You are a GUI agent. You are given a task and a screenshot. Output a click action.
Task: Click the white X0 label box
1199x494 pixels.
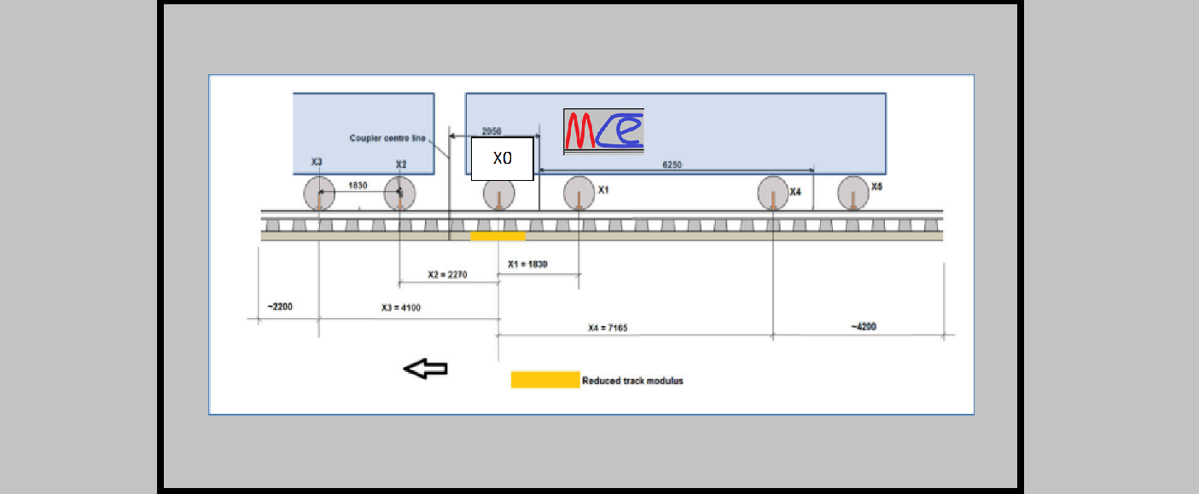tap(503, 159)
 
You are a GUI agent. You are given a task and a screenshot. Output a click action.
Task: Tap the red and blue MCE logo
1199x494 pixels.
tap(603, 131)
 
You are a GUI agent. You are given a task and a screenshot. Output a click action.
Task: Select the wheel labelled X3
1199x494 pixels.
tap(319, 193)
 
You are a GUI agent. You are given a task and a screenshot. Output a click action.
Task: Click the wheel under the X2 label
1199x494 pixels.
tap(399, 193)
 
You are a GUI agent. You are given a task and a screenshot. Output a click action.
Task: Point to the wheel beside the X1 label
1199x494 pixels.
tap(579, 193)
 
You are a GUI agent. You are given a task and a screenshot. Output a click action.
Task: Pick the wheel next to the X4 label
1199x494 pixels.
tap(773, 193)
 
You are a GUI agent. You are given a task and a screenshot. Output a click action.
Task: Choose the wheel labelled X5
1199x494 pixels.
tap(853, 193)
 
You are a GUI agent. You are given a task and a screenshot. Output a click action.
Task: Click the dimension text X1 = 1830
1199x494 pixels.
tap(527, 264)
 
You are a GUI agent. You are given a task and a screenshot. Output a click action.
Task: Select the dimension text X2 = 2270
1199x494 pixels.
tap(447, 275)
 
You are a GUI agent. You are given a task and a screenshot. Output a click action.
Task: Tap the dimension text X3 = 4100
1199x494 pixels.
tap(401, 308)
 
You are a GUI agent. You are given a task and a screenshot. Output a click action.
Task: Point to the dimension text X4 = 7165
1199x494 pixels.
tap(608, 328)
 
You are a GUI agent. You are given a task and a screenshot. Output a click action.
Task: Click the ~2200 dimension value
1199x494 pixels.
tap(279, 305)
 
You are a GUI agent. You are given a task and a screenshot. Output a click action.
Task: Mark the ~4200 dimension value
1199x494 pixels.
tap(863, 327)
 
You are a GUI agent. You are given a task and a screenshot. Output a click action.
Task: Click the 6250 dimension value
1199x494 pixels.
tap(672, 165)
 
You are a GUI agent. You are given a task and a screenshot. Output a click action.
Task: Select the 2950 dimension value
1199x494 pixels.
tap(492, 131)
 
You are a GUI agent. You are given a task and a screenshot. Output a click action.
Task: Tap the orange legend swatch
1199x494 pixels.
tap(544, 380)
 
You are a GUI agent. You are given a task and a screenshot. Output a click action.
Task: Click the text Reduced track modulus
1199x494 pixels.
tap(632, 381)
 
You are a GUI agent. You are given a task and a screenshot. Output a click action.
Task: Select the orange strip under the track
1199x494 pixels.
tap(498, 235)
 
